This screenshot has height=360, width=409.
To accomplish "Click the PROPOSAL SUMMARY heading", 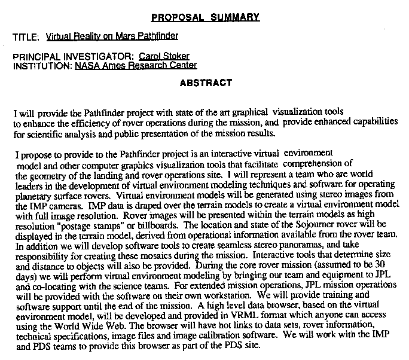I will (205, 17).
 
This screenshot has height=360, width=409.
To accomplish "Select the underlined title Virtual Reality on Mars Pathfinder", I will (112, 36).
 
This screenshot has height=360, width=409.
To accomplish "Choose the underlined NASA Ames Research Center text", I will (136, 66).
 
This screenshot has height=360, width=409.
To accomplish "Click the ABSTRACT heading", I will (206, 83).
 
